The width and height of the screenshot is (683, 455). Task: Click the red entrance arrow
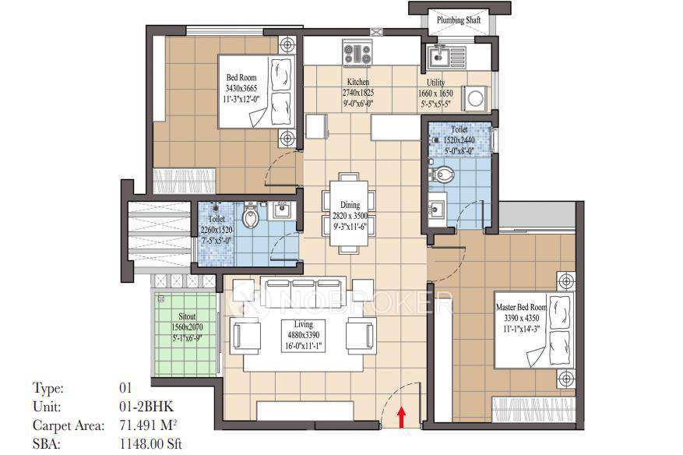tap(401, 417)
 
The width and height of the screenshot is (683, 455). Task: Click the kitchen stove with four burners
tap(357, 54)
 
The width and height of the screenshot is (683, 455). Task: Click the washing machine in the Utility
tap(475, 97)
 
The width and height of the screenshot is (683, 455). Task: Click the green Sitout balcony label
tap(186, 319)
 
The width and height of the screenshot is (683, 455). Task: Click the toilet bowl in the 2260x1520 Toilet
tap(250, 215)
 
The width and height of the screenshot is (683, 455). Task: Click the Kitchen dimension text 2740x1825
tap(357, 92)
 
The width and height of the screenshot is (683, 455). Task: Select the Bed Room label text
tap(240, 78)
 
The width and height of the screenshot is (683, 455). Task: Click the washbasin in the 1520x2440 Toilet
tap(436, 210)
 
